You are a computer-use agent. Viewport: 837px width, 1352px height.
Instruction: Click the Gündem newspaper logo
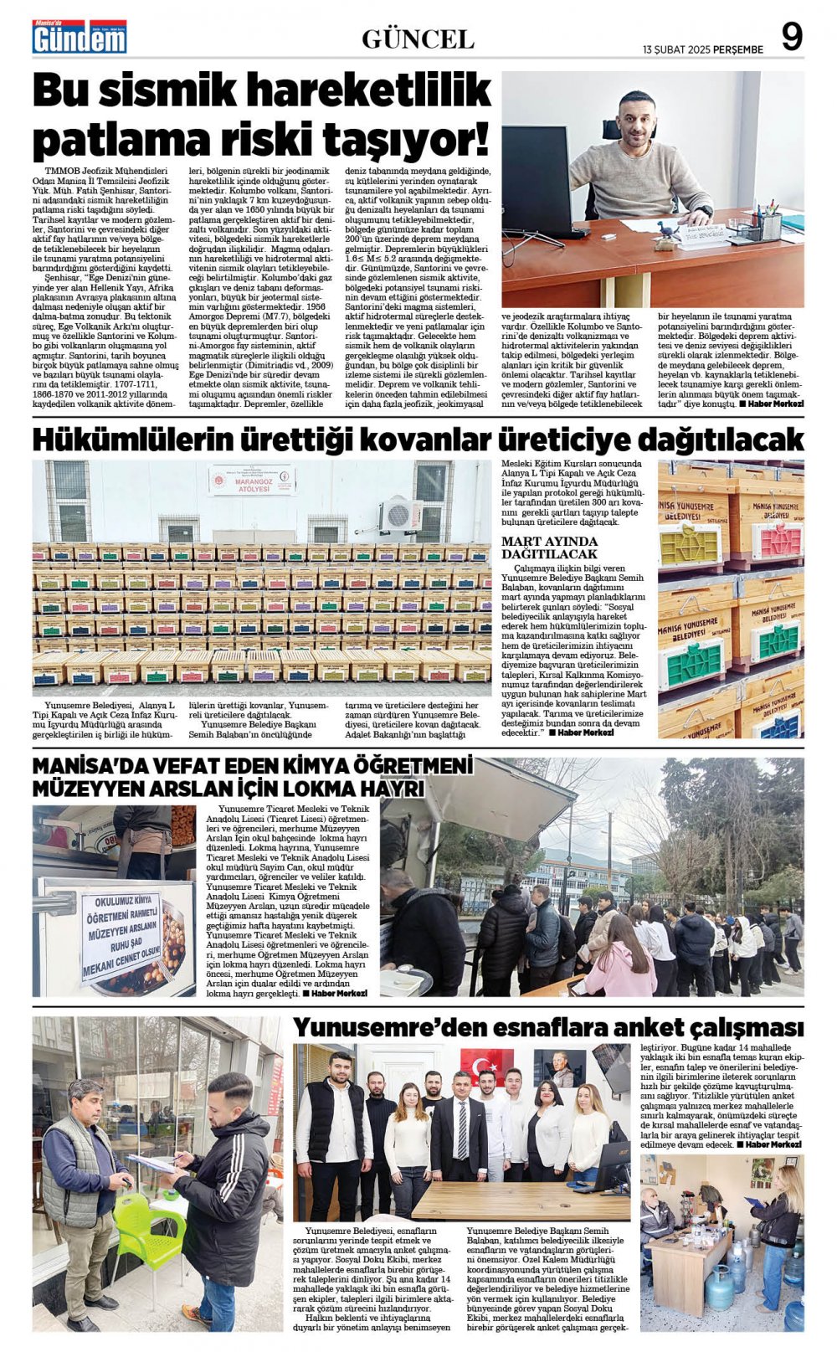click(x=80, y=38)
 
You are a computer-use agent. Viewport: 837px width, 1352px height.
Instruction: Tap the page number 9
click(x=791, y=38)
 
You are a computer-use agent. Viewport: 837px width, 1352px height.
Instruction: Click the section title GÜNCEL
click(x=418, y=39)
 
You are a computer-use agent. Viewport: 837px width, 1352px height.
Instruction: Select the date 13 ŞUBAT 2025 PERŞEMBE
click(x=703, y=49)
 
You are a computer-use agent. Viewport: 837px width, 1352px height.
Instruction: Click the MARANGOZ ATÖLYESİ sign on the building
click(x=251, y=480)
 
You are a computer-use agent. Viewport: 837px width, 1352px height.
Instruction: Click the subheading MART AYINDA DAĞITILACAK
click(x=549, y=547)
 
